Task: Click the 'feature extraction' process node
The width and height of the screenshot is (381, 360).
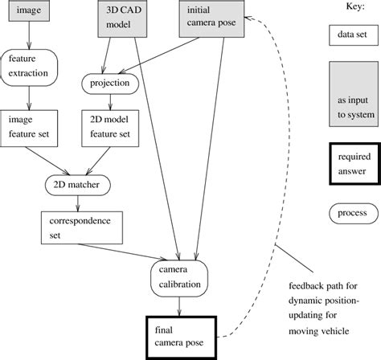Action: tap(30, 66)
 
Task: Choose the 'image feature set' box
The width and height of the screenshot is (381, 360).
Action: tap(29, 125)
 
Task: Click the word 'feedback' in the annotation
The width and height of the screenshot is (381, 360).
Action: tap(308, 287)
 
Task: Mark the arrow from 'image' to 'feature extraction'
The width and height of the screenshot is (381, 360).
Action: tap(29, 37)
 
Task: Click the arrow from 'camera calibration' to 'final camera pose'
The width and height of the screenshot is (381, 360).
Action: tap(178, 308)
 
